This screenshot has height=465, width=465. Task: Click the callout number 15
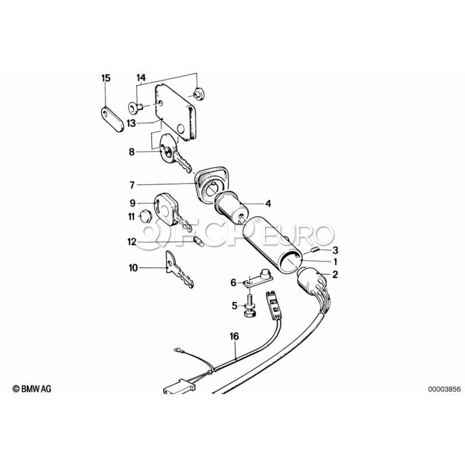coord(106,79)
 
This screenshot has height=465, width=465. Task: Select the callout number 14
coord(141,78)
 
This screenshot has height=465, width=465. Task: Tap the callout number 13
coord(131,123)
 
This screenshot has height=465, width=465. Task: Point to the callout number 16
coord(234,336)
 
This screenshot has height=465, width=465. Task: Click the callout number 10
coord(133,268)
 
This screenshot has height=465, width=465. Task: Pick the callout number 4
coord(268,204)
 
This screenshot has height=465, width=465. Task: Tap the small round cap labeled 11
coord(146,216)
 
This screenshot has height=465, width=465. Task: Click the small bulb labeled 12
coord(198,242)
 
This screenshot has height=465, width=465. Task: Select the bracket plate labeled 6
coord(258,278)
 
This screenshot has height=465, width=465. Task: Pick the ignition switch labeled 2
coord(312,281)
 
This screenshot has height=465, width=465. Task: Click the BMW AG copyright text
coord(32,389)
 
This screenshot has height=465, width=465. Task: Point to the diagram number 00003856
coord(444,389)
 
